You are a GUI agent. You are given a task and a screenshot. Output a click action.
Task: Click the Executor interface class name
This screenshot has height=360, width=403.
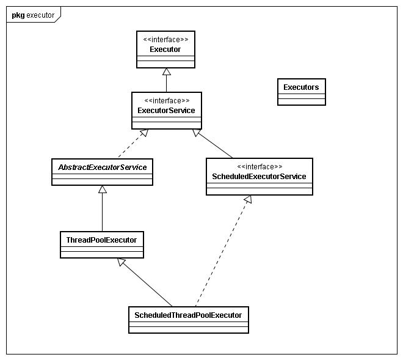click(x=165, y=49)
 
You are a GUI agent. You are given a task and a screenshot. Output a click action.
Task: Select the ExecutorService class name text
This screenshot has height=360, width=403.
click(x=166, y=111)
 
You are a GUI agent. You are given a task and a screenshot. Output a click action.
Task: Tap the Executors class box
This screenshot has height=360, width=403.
click(x=301, y=92)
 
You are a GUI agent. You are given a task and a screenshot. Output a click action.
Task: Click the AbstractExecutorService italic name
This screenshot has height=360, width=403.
click(x=102, y=166)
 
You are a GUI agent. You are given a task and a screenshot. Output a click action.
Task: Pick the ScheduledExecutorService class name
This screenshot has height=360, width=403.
click(x=260, y=177)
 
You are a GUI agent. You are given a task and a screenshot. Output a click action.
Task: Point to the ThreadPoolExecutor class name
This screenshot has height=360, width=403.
click(x=102, y=240)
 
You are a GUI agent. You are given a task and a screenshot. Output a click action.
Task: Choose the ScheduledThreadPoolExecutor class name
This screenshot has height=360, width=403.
click(x=188, y=315)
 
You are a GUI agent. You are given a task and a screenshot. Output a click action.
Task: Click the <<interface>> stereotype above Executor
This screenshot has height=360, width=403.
click(x=165, y=40)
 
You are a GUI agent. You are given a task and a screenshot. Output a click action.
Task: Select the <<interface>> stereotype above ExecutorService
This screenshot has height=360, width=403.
click(x=166, y=101)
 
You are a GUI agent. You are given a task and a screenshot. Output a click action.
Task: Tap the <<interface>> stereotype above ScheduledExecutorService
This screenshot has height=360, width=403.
click(x=260, y=166)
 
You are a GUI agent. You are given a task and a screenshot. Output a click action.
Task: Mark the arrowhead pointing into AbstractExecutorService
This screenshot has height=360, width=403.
click(x=102, y=189)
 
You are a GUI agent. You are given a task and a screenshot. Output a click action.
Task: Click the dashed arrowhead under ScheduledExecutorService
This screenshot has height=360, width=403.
click(x=247, y=200)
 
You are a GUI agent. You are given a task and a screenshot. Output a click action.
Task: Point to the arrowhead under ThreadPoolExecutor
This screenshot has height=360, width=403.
click(x=122, y=262)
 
